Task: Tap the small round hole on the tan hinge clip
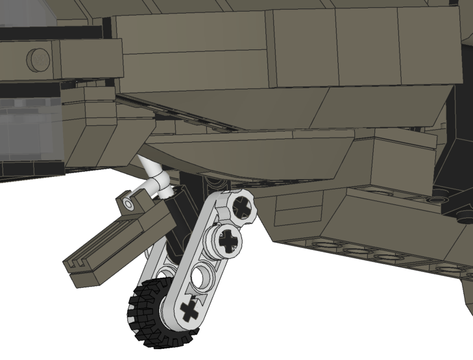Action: tap(130, 205)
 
